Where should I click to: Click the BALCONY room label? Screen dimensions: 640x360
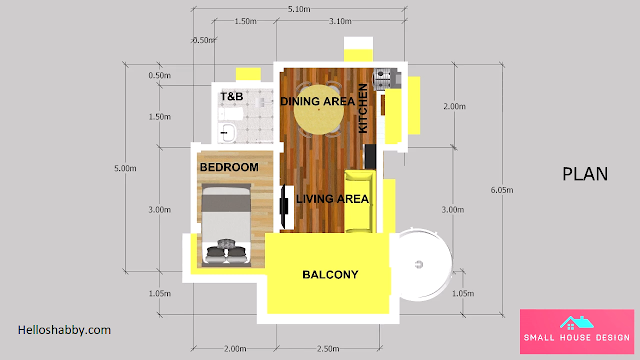click(x=330, y=275)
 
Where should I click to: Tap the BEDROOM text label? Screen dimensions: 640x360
click(x=229, y=167)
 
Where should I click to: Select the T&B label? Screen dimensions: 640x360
click(x=232, y=97)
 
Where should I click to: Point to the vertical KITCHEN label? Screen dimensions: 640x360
click(x=363, y=109)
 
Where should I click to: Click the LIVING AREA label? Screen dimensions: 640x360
click(x=332, y=199)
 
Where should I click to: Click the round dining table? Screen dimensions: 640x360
click(x=319, y=109)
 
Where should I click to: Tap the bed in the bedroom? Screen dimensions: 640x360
click(x=227, y=225)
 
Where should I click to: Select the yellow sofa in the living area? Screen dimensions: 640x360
click(x=359, y=202)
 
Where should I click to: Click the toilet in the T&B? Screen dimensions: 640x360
click(x=231, y=114)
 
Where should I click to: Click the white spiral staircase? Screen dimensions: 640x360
click(x=421, y=264)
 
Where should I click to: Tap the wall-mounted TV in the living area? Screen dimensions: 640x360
click(x=284, y=207)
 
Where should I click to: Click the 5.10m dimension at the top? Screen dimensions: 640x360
click(x=299, y=9)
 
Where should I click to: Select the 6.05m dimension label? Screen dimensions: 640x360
click(x=502, y=190)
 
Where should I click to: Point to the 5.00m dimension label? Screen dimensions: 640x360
click(x=125, y=168)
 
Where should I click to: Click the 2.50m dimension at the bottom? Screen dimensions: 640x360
click(x=328, y=349)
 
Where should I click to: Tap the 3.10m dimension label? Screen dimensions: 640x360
click(x=340, y=21)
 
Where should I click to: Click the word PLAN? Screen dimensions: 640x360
click(x=585, y=174)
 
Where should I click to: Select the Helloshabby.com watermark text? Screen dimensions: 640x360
click(x=64, y=330)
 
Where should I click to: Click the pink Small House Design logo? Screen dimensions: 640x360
click(x=577, y=331)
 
